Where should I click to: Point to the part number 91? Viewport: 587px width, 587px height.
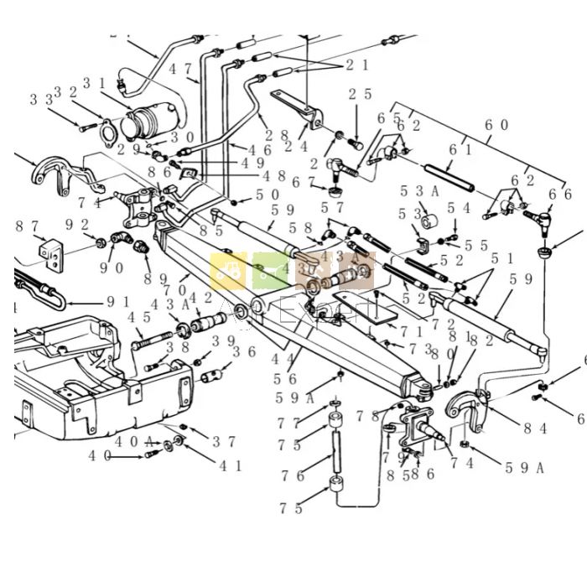pyautogui.click(x=118, y=302)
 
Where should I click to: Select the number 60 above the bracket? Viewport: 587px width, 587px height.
pyautogui.click(x=496, y=124)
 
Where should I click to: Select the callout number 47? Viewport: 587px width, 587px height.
pyautogui.click(x=180, y=70)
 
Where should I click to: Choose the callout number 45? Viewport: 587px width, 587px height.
pyautogui.click(x=138, y=318)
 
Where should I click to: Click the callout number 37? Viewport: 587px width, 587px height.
pyautogui.click(x=224, y=441)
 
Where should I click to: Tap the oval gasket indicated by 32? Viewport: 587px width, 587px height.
pyautogui.click(x=107, y=135)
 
